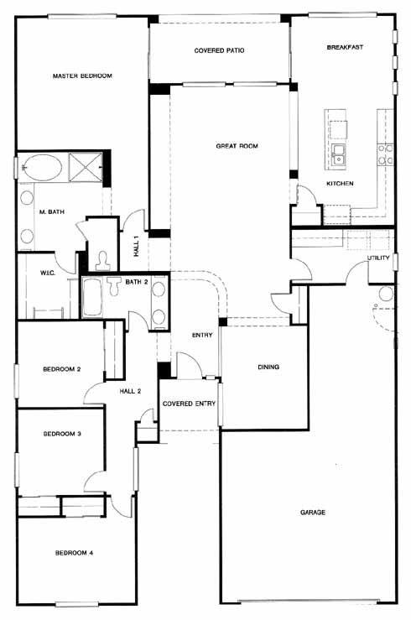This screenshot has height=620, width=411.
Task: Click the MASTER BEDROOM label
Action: pyautogui.click(x=82, y=76)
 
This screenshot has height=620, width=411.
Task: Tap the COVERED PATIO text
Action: pyautogui.click(x=219, y=50)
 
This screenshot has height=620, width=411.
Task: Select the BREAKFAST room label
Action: pyautogui.click(x=345, y=47)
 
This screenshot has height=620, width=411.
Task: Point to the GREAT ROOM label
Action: pyautogui.click(x=237, y=146)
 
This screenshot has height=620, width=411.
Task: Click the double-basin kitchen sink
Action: pyautogui.click(x=339, y=154)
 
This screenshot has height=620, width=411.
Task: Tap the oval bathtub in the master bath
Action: pyautogui.click(x=41, y=168)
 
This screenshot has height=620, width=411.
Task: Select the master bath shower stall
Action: pyautogui.click(x=86, y=166)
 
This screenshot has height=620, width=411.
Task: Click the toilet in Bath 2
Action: pyautogui.click(x=113, y=286)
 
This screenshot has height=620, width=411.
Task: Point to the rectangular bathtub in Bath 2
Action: pyautogui.click(x=92, y=298)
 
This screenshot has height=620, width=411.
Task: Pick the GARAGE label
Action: pyautogui.click(x=313, y=513)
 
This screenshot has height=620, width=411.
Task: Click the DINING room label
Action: pyautogui.click(x=268, y=367)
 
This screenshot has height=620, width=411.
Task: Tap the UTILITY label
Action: pyautogui.click(x=378, y=258)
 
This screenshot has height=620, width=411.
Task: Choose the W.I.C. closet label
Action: pyautogui.click(x=48, y=273)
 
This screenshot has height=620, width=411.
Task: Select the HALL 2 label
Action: pyautogui.click(x=130, y=391)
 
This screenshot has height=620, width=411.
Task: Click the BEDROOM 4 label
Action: pyautogui.click(x=75, y=553)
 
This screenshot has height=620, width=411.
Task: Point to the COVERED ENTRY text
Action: pyautogui.click(x=189, y=404)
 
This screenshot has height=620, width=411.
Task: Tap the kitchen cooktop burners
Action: pyautogui.click(x=385, y=154)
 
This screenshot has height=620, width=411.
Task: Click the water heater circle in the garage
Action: pyautogui.click(x=386, y=294)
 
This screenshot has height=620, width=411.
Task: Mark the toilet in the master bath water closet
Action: pyautogui.click(x=102, y=260)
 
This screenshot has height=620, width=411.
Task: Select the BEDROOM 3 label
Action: pyautogui.click(x=62, y=434)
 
